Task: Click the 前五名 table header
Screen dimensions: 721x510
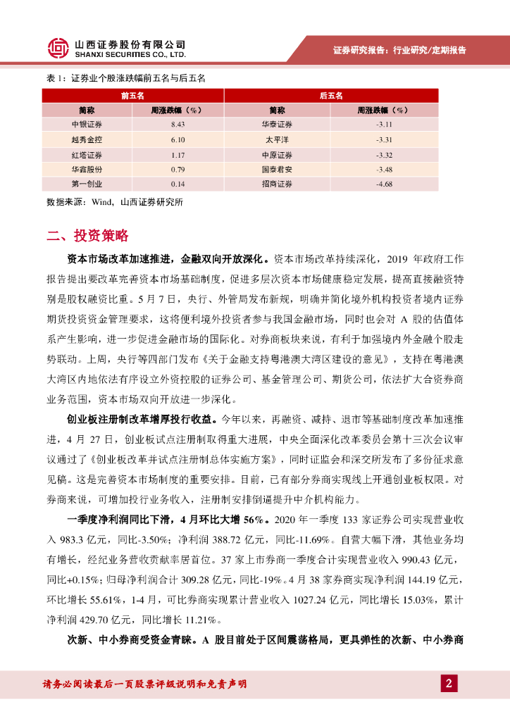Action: [132, 95]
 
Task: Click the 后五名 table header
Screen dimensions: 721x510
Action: [330, 95]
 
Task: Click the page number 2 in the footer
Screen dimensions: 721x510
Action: [449, 683]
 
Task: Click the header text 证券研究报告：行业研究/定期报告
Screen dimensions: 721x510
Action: [399, 51]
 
